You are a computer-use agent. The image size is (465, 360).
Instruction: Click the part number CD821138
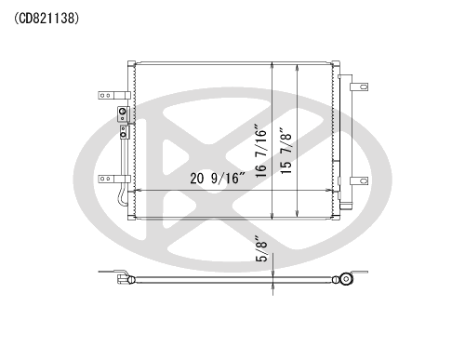pyautogui.click(x=46, y=19)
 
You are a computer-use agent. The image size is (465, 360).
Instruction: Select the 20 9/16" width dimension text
pyautogui.click(x=218, y=179)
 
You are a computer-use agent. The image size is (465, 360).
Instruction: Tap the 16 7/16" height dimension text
pyautogui.click(x=260, y=151)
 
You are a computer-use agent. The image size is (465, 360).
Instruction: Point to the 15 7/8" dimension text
pyautogui.click(x=286, y=151)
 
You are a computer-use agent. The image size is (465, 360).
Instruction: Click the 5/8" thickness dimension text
pyautogui.click(x=261, y=249)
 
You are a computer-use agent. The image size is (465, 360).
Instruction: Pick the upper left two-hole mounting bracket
pyautogui.click(x=114, y=95)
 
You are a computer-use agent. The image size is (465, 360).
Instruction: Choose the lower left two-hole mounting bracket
pyautogui.click(x=114, y=179)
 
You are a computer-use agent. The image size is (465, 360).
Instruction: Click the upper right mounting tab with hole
pyautogui.click(x=359, y=87)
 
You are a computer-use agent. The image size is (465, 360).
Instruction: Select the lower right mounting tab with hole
pyautogui.click(x=359, y=180)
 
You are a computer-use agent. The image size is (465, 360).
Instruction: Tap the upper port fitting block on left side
pyautogui.click(x=123, y=113)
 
